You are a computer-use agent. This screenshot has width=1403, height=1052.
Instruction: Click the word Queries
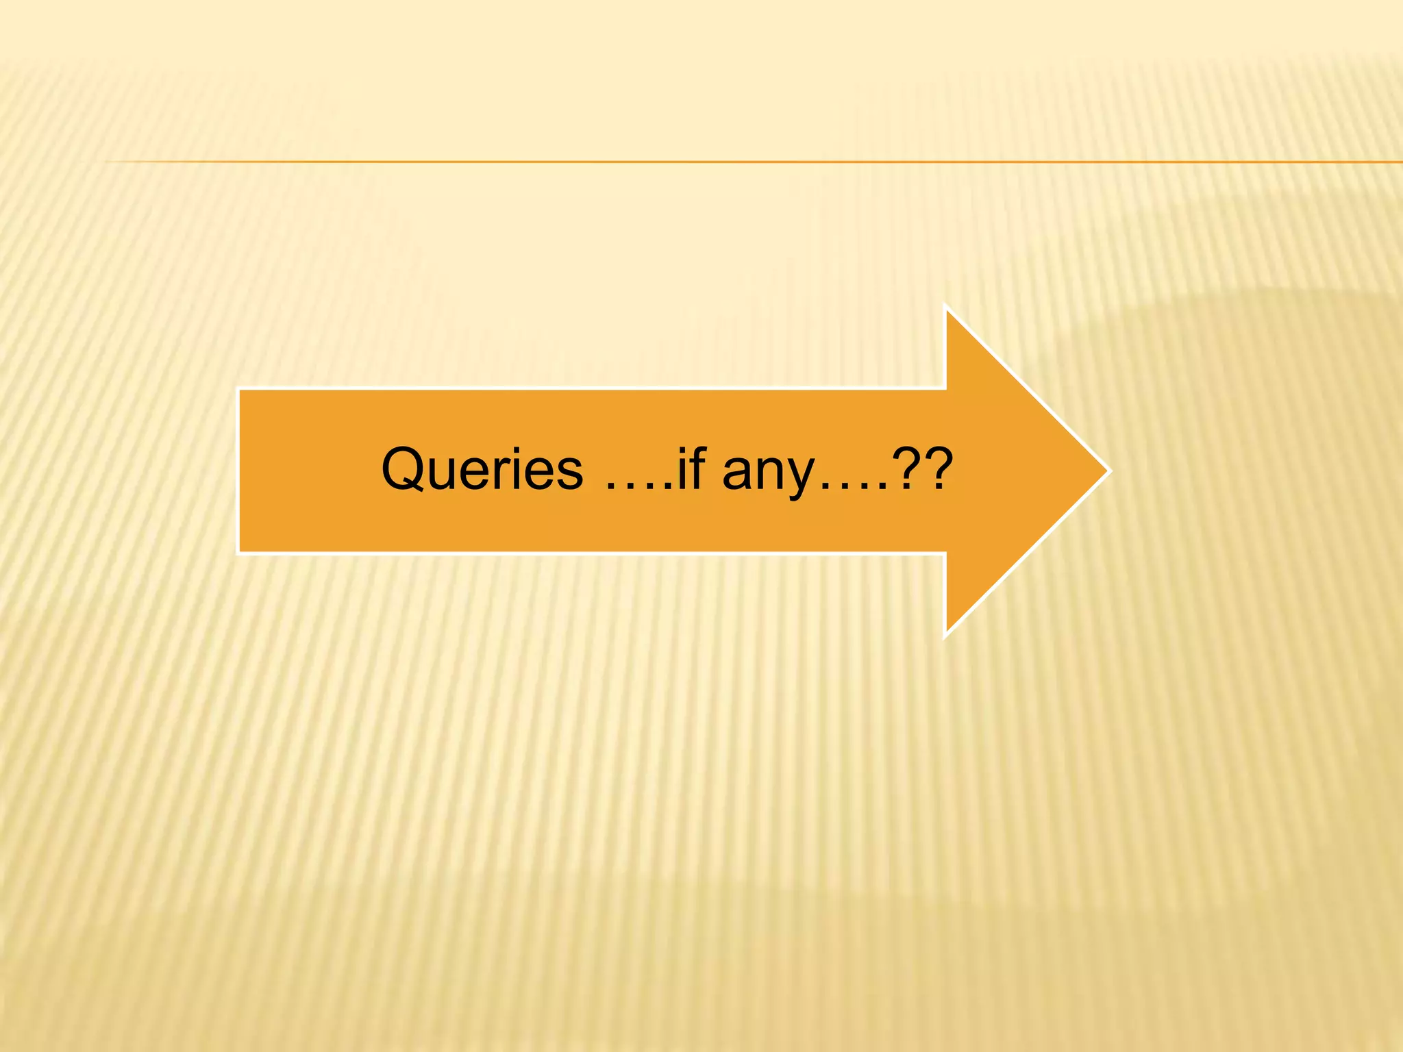[x=482, y=470]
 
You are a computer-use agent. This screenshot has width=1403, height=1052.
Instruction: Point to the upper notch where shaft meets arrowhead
[x=946, y=390]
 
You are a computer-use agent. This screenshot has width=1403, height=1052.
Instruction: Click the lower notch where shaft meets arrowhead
[x=946, y=551]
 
